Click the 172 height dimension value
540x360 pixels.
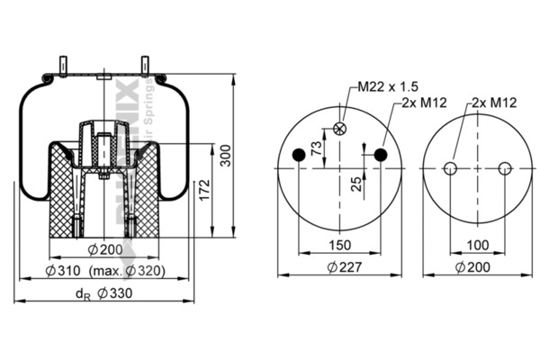click(x=204, y=190)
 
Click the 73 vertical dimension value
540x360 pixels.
click(x=316, y=148)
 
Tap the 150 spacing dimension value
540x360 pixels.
click(x=340, y=245)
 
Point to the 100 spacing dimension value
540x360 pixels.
click(x=478, y=245)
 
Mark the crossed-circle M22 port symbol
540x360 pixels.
click(x=339, y=129)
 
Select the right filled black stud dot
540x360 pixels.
click(x=381, y=156)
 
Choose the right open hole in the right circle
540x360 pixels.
click(x=505, y=168)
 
